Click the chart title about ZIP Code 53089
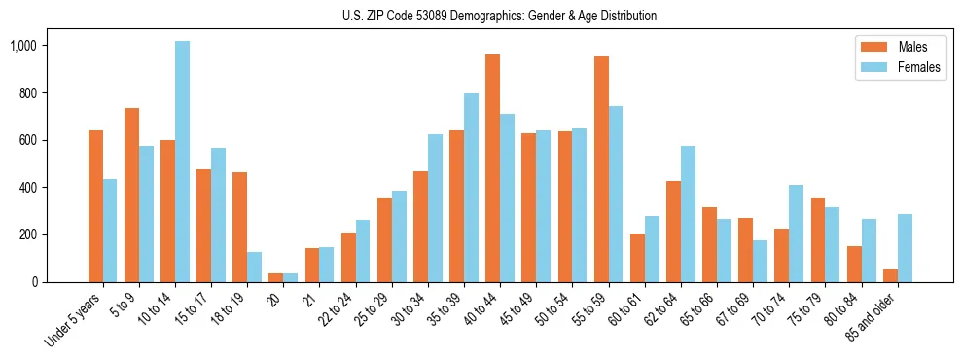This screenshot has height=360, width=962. (499, 16)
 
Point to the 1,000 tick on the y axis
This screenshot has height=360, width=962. (23, 46)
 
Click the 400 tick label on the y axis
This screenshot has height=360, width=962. (28, 188)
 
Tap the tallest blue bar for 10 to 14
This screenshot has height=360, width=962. (183, 162)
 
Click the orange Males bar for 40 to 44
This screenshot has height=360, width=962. (492, 168)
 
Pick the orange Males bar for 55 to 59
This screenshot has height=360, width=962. (601, 169)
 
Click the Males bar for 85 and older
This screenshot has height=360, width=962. (890, 275)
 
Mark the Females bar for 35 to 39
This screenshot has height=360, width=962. (471, 188)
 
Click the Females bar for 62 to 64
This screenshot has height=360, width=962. (688, 214)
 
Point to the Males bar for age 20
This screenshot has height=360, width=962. (276, 278)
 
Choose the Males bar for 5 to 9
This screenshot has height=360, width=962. (131, 195)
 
